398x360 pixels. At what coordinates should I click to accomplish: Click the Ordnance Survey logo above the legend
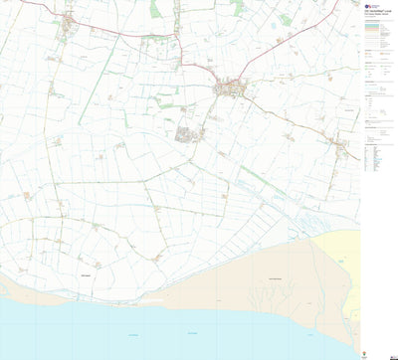[370, 5]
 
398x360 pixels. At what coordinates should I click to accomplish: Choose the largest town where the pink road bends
[232, 89]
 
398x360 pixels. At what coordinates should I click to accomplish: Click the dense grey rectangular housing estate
[186, 133]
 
